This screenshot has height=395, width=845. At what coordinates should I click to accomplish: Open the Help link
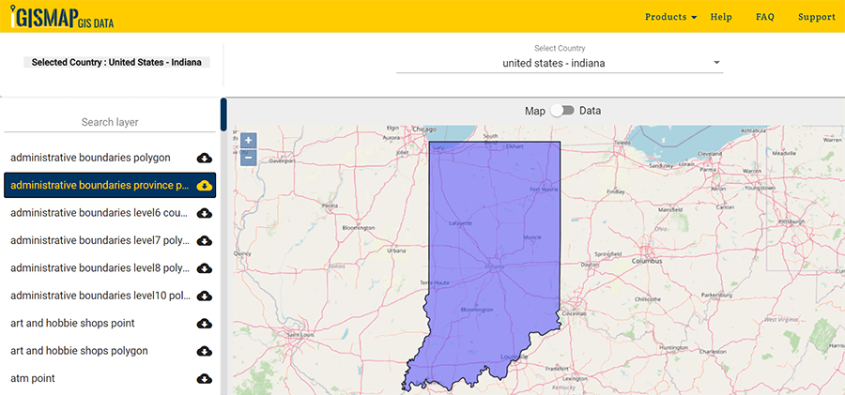[721, 17]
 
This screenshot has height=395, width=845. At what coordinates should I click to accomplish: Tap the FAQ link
[765, 17]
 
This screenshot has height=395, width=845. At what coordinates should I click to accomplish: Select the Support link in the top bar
[816, 17]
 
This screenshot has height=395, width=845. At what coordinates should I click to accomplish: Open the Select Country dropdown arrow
[716, 64]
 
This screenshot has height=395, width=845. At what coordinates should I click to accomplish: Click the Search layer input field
[110, 122]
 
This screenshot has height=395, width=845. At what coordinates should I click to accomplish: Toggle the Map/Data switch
[561, 111]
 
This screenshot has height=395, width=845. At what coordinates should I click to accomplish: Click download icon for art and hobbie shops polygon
[205, 351]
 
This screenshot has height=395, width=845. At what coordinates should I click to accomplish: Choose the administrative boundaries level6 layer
[100, 213]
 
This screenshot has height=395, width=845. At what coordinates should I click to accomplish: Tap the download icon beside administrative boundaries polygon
[205, 158]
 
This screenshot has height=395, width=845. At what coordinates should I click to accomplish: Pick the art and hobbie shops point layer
[72, 323]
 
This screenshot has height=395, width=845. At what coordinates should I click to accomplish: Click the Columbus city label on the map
[646, 260]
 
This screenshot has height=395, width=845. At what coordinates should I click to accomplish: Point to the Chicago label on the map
[424, 130]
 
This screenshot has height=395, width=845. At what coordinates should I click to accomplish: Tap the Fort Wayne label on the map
[543, 189]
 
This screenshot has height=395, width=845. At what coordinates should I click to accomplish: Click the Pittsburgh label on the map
[791, 221]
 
